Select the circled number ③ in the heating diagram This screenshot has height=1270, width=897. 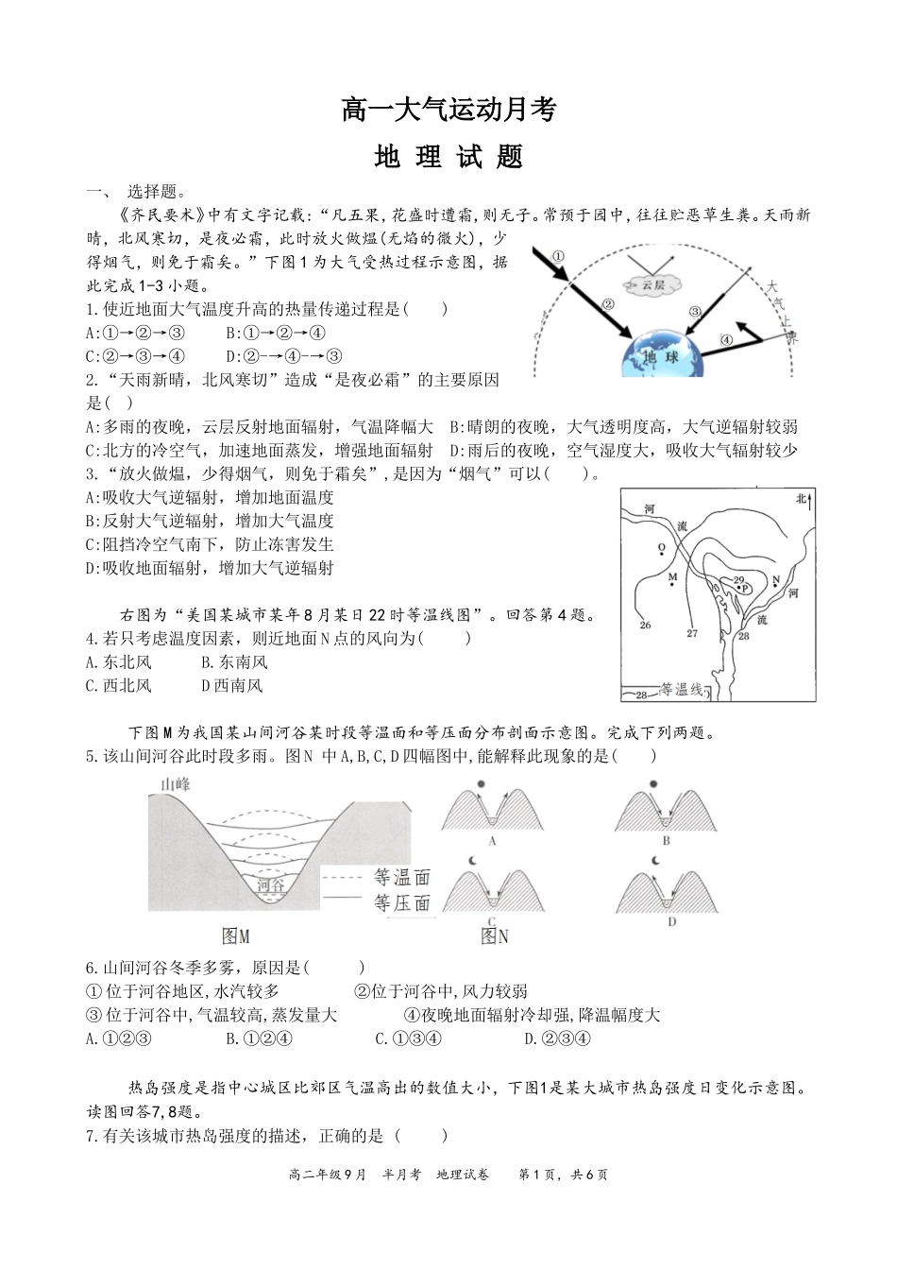(695, 311)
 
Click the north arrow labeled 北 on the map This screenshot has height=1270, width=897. (804, 500)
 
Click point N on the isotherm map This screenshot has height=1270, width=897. (776, 579)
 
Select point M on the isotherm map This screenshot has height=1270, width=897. (672, 576)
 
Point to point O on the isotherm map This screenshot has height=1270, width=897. (661, 547)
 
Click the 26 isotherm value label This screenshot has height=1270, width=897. (645, 625)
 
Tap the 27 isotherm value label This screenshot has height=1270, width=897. (692, 633)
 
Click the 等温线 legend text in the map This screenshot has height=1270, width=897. (683, 691)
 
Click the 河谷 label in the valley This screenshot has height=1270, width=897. (270, 885)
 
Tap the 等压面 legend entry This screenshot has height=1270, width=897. (401, 902)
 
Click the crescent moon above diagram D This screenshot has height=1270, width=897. (654, 861)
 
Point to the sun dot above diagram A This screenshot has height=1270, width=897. (482, 784)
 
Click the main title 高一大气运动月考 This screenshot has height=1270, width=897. (448, 111)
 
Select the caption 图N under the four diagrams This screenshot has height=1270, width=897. (495, 936)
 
